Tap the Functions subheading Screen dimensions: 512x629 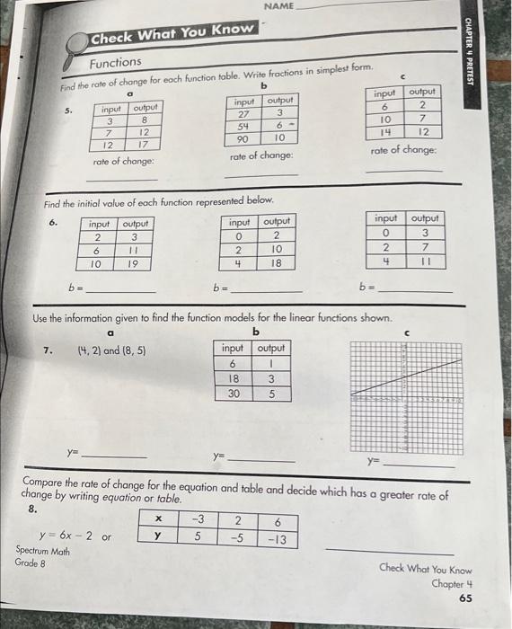(115, 62)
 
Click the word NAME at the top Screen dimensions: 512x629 (280, 6)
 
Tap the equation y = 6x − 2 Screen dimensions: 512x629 (72, 537)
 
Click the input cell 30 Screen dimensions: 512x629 (232, 393)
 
